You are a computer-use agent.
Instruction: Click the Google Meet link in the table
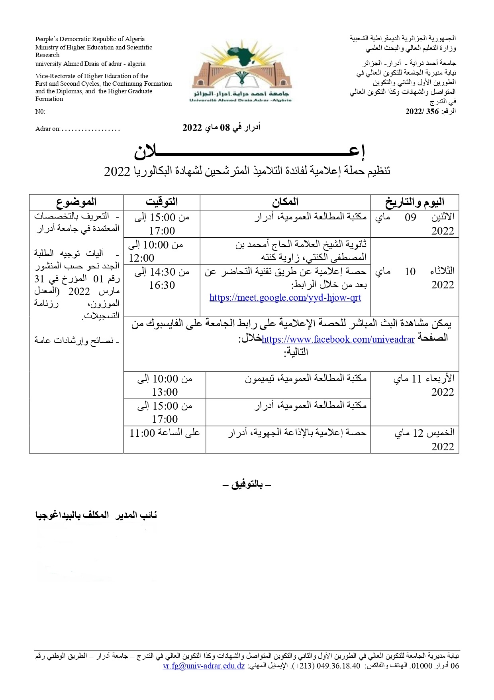[x=285, y=298]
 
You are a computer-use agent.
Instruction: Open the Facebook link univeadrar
[x=338, y=339]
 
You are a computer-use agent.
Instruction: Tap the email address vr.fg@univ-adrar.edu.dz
[x=204, y=666]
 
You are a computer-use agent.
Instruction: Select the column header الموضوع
[x=76, y=202]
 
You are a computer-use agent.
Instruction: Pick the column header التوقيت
[x=162, y=202]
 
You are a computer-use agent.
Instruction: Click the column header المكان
[x=285, y=202]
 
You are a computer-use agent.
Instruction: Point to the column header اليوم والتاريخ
[x=415, y=202]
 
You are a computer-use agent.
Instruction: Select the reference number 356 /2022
[x=422, y=112]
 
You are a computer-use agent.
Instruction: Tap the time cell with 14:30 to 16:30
[x=162, y=278]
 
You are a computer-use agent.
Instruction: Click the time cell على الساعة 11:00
[x=165, y=433]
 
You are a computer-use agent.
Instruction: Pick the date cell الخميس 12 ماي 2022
[x=424, y=439]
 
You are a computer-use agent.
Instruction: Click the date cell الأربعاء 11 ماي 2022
[x=423, y=385]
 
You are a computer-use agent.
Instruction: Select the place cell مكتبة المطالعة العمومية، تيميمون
[x=306, y=378]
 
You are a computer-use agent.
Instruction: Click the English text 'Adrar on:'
[x=48, y=129]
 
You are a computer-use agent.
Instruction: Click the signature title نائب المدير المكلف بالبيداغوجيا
[x=96, y=515]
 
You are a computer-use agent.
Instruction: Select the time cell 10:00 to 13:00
[x=165, y=385]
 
